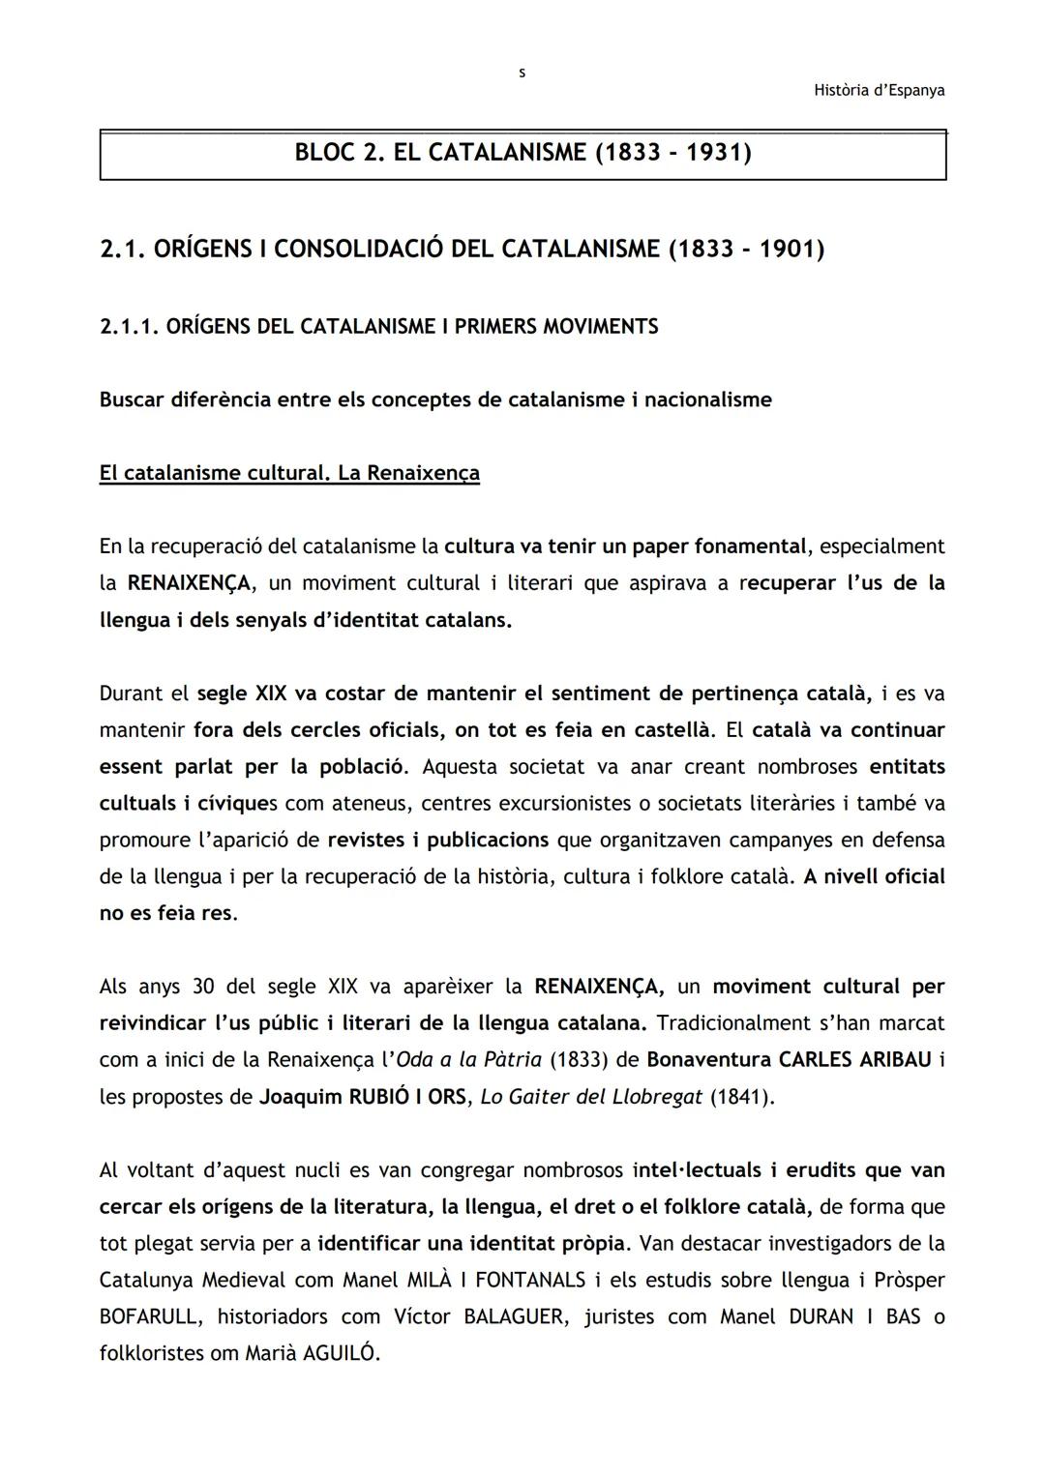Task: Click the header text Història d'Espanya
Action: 879,91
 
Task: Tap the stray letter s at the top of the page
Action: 522,73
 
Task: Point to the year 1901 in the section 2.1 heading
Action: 791,250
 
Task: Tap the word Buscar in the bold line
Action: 132,400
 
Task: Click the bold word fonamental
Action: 745,546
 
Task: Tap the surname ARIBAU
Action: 895,1060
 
